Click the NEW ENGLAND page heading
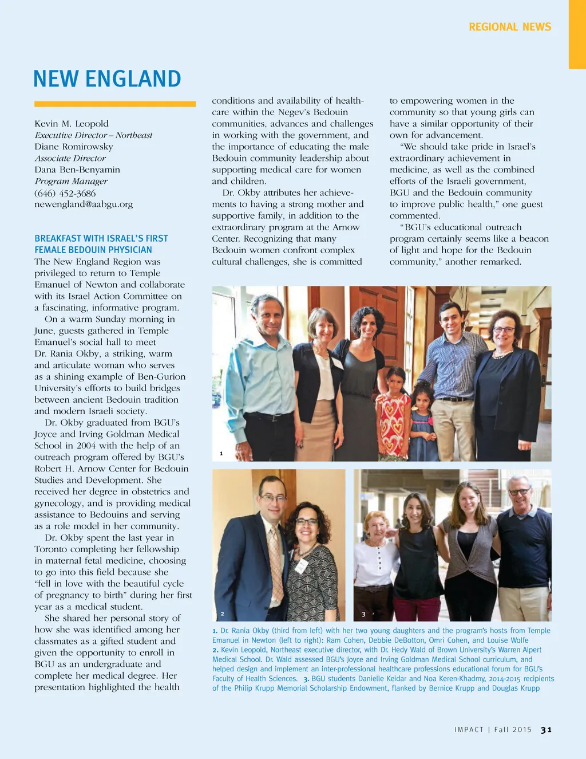[x=107, y=79]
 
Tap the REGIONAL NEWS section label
[x=509, y=27]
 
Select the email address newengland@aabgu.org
[x=84, y=205]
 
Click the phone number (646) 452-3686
[x=65, y=193]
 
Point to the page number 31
[x=547, y=730]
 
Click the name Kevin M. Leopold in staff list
[x=72, y=124]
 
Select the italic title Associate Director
[x=70, y=159]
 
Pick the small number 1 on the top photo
[x=221, y=454]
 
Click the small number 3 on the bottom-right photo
[x=363, y=615]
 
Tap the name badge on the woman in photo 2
[x=300, y=567]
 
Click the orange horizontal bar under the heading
[x=115, y=104]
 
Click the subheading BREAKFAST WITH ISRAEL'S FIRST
[x=101, y=238]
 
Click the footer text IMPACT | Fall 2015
[x=493, y=730]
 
